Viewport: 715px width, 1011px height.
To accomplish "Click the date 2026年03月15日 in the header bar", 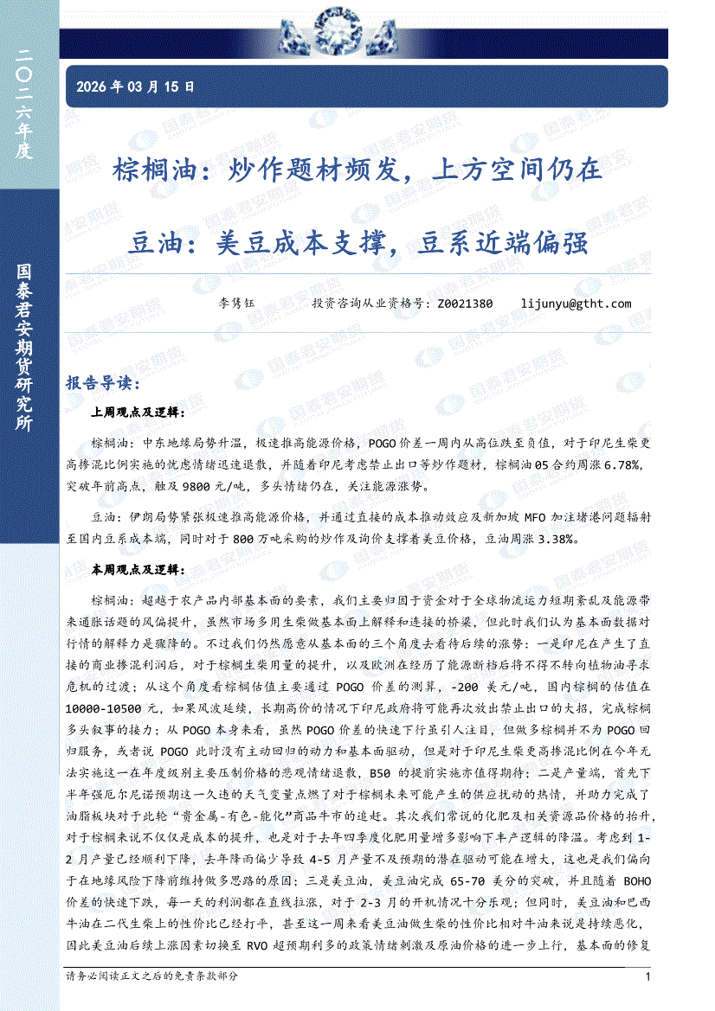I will (x=136, y=86).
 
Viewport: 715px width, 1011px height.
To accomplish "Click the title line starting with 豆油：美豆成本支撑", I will (x=357, y=243).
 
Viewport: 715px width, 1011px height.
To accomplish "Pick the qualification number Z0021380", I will (x=466, y=304).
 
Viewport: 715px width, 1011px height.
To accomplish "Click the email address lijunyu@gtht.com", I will (x=577, y=304).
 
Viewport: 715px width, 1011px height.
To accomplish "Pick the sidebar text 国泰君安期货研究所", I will (x=24, y=346).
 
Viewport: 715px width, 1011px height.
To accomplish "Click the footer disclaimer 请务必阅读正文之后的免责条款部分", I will (x=151, y=976).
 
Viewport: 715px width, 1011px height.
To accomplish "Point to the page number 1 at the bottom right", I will (x=648, y=976).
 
